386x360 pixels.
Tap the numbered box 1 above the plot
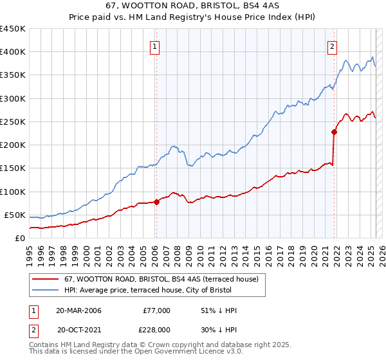pos(156,46)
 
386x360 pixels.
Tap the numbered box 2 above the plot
pos(332,46)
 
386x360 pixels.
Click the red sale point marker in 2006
pos(156,202)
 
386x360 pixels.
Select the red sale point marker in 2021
pos(334,132)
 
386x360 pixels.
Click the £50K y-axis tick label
pos(14,215)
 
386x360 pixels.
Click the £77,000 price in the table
pos(157,310)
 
